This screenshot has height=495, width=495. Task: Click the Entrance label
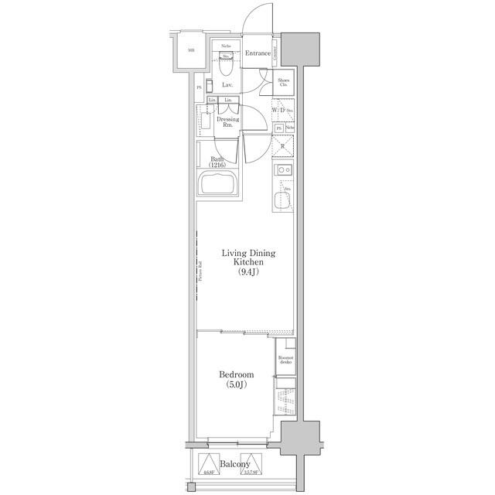click(x=258, y=53)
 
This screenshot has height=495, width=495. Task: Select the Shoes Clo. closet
click(x=283, y=83)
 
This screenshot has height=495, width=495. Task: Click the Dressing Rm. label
click(x=227, y=122)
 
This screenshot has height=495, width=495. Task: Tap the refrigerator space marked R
click(x=283, y=146)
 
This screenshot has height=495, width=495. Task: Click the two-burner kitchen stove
click(x=283, y=170)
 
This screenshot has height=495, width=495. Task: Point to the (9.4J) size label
click(x=247, y=271)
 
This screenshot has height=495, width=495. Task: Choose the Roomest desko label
click(x=285, y=360)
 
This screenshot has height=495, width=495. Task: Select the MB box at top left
click(x=189, y=52)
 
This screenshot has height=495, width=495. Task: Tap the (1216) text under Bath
click(x=219, y=166)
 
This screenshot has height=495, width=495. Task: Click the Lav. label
click(x=227, y=85)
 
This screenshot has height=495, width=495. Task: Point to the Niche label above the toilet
click(x=226, y=47)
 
